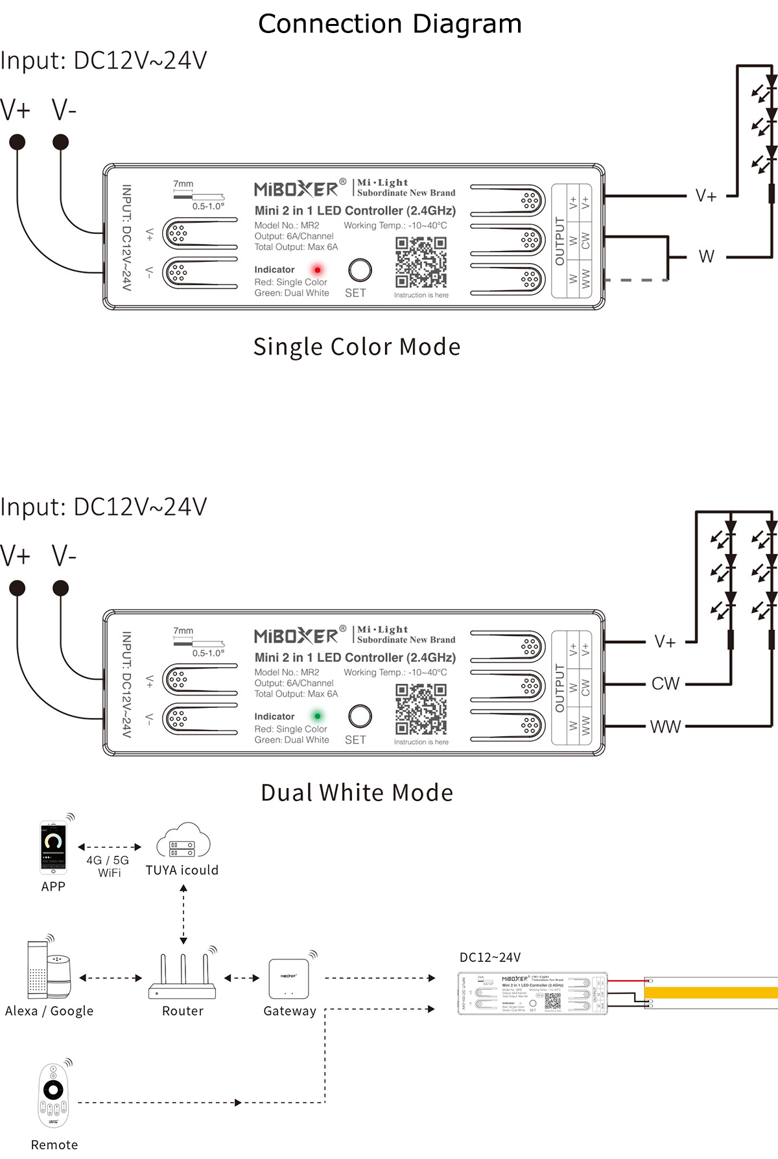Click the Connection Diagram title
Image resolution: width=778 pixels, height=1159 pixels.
coord(390,24)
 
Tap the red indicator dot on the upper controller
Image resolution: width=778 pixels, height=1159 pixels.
coord(318,270)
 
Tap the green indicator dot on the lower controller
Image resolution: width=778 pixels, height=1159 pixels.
coord(318,716)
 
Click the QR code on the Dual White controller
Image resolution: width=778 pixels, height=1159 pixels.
coord(421,709)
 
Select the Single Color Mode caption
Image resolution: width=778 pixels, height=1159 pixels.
coord(357,347)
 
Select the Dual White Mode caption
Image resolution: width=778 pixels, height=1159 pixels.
coord(357,793)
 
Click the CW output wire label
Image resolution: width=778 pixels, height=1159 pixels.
coord(665,684)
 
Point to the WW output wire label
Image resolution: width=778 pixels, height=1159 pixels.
coord(665,727)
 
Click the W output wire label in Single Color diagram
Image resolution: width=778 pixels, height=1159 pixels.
coord(706,257)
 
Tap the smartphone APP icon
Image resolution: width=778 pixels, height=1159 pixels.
coord(53,847)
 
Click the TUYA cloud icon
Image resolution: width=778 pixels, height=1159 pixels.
coord(183,841)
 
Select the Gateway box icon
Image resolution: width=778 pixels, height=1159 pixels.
coord(289,978)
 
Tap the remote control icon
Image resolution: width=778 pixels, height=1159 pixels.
coord(53,1096)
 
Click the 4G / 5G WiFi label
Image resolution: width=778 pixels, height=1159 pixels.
coord(108,866)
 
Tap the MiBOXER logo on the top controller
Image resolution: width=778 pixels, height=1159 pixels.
coord(296,189)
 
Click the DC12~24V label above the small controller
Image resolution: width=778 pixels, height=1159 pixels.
coord(490,957)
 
